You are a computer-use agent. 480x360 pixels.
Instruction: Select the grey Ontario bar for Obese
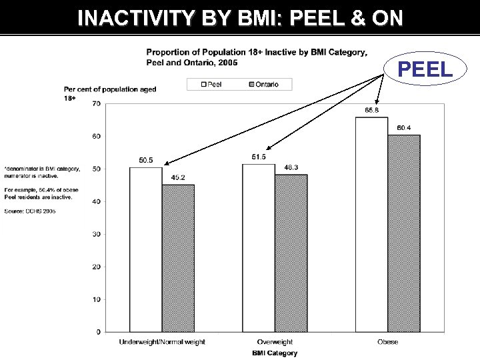[404, 233]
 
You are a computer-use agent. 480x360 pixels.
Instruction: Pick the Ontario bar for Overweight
[291, 253]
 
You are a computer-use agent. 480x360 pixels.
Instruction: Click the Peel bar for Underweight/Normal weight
[145, 249]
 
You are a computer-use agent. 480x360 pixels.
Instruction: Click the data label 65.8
[371, 110]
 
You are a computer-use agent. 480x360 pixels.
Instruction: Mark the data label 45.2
[178, 177]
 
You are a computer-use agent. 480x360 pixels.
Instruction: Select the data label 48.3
[291, 167]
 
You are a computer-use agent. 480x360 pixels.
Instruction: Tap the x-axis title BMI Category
[274, 353]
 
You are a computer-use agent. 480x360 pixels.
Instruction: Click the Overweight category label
[274, 342]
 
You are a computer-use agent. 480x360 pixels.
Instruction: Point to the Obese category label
[387, 342]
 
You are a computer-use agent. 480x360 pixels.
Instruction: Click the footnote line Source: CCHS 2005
[30, 211]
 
